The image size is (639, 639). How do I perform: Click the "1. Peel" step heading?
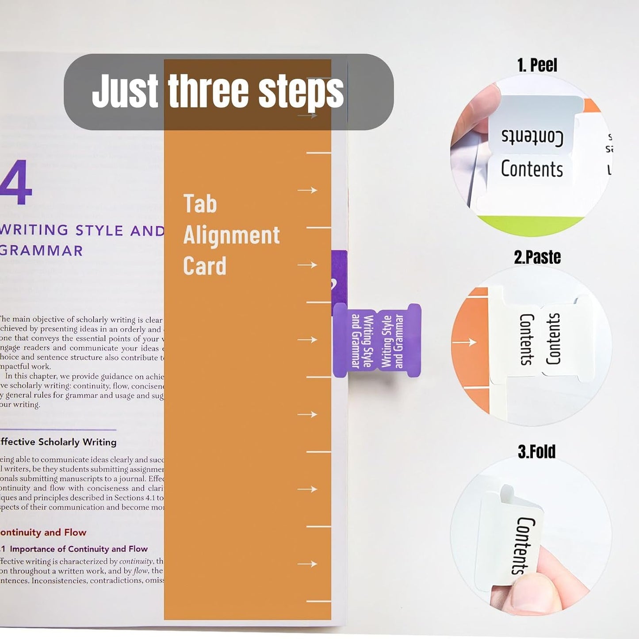[x=537, y=65]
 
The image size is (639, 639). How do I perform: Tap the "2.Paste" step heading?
[x=537, y=257]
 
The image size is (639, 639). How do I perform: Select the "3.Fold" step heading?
[x=536, y=452]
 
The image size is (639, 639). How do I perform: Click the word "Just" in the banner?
[x=125, y=91]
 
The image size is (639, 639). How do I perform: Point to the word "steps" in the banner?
[x=301, y=91]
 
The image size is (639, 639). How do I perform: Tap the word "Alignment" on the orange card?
[x=231, y=235]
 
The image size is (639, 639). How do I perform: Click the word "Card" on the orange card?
[x=204, y=266]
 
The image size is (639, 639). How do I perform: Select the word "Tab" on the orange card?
[x=200, y=204]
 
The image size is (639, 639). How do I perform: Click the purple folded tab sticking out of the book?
[x=377, y=341]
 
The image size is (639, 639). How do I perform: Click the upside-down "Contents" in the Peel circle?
[x=532, y=137]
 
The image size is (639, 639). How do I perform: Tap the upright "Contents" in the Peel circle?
[x=532, y=169]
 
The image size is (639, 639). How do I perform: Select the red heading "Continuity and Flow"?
[x=43, y=532]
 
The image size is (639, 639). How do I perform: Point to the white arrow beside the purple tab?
[x=307, y=340]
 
